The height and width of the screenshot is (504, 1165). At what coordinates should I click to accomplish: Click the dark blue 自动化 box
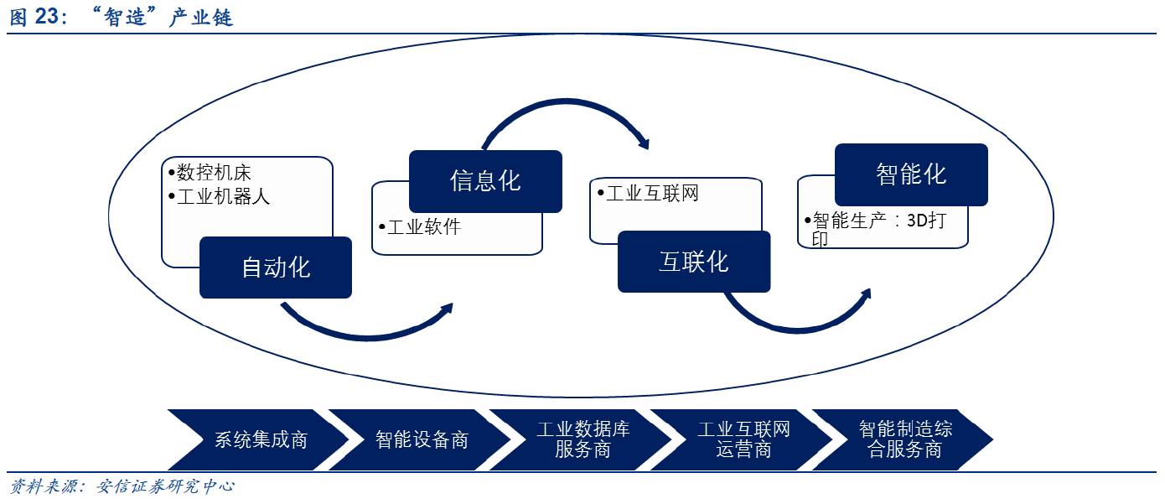tap(275, 268)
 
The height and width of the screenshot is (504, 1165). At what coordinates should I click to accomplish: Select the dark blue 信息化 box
tap(485, 181)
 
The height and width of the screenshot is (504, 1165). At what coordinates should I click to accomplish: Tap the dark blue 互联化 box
tap(693, 262)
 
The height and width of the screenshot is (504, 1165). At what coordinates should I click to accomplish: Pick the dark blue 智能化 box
tap(911, 174)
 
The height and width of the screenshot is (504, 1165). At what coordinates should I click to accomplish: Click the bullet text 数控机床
tap(214, 173)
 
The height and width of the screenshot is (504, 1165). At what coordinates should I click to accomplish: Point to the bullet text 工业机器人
tap(223, 198)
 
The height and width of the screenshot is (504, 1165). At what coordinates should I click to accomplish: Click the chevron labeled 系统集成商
tap(261, 440)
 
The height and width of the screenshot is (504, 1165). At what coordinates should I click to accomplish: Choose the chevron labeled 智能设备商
tap(422, 440)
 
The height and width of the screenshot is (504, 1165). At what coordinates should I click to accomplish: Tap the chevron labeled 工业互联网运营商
tap(743, 440)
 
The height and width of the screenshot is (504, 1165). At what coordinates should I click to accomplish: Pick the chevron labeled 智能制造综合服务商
tap(905, 440)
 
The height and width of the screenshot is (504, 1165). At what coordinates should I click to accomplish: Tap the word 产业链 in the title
tap(200, 18)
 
